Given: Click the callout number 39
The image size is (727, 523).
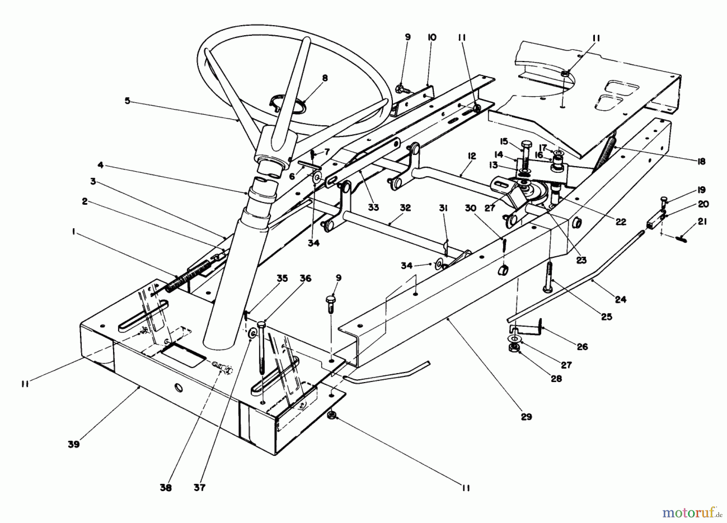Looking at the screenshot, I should click(x=74, y=444).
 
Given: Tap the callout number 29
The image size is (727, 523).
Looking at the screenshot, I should click(x=526, y=416).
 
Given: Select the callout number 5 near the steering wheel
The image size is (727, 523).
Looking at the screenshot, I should click(x=128, y=101).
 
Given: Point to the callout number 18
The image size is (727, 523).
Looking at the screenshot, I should click(x=701, y=161).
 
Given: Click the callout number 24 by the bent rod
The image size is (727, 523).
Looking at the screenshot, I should click(x=620, y=299).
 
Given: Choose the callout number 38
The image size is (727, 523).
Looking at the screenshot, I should click(x=166, y=488).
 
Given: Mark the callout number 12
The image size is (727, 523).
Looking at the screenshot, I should click(x=472, y=156).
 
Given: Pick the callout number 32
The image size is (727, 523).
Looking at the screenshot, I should click(x=405, y=208).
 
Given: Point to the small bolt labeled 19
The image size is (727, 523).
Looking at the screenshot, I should click(x=664, y=199).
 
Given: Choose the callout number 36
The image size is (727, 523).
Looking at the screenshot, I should click(x=305, y=279).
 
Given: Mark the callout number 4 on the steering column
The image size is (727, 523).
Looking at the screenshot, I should click(x=100, y=165).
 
